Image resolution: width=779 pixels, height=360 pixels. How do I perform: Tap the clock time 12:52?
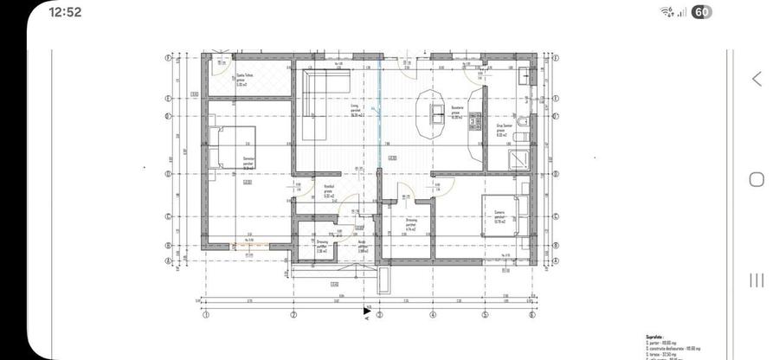click(x=65, y=12)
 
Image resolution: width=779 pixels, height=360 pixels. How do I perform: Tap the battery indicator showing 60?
click(x=702, y=12)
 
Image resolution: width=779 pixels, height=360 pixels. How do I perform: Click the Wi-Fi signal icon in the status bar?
click(x=666, y=12)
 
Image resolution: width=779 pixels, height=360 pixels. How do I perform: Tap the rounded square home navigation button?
click(x=756, y=179)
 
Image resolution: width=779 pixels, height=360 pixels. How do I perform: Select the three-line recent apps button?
click(x=756, y=279)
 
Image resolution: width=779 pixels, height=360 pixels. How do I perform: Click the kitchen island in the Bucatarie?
click(x=433, y=112)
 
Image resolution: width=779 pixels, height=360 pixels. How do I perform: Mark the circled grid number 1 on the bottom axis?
click(x=205, y=314)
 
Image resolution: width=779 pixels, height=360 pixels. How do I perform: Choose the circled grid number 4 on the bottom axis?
click(x=433, y=314)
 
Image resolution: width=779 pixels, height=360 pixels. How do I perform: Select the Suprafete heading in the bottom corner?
click(x=655, y=337)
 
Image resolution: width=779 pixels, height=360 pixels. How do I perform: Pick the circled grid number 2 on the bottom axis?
click(x=293, y=314)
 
